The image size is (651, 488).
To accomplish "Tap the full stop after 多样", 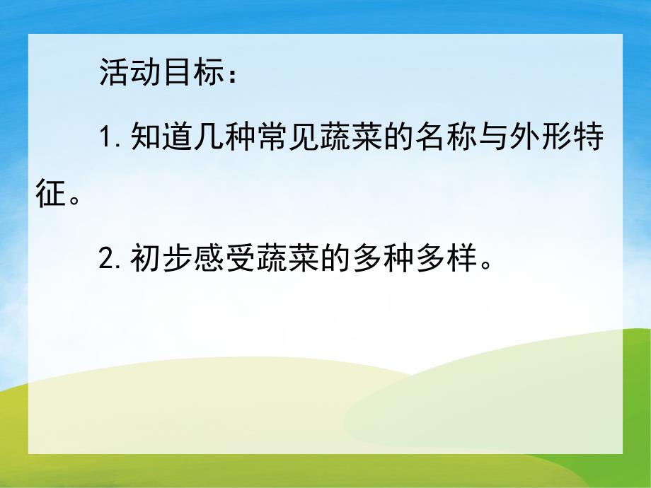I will [483, 269].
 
